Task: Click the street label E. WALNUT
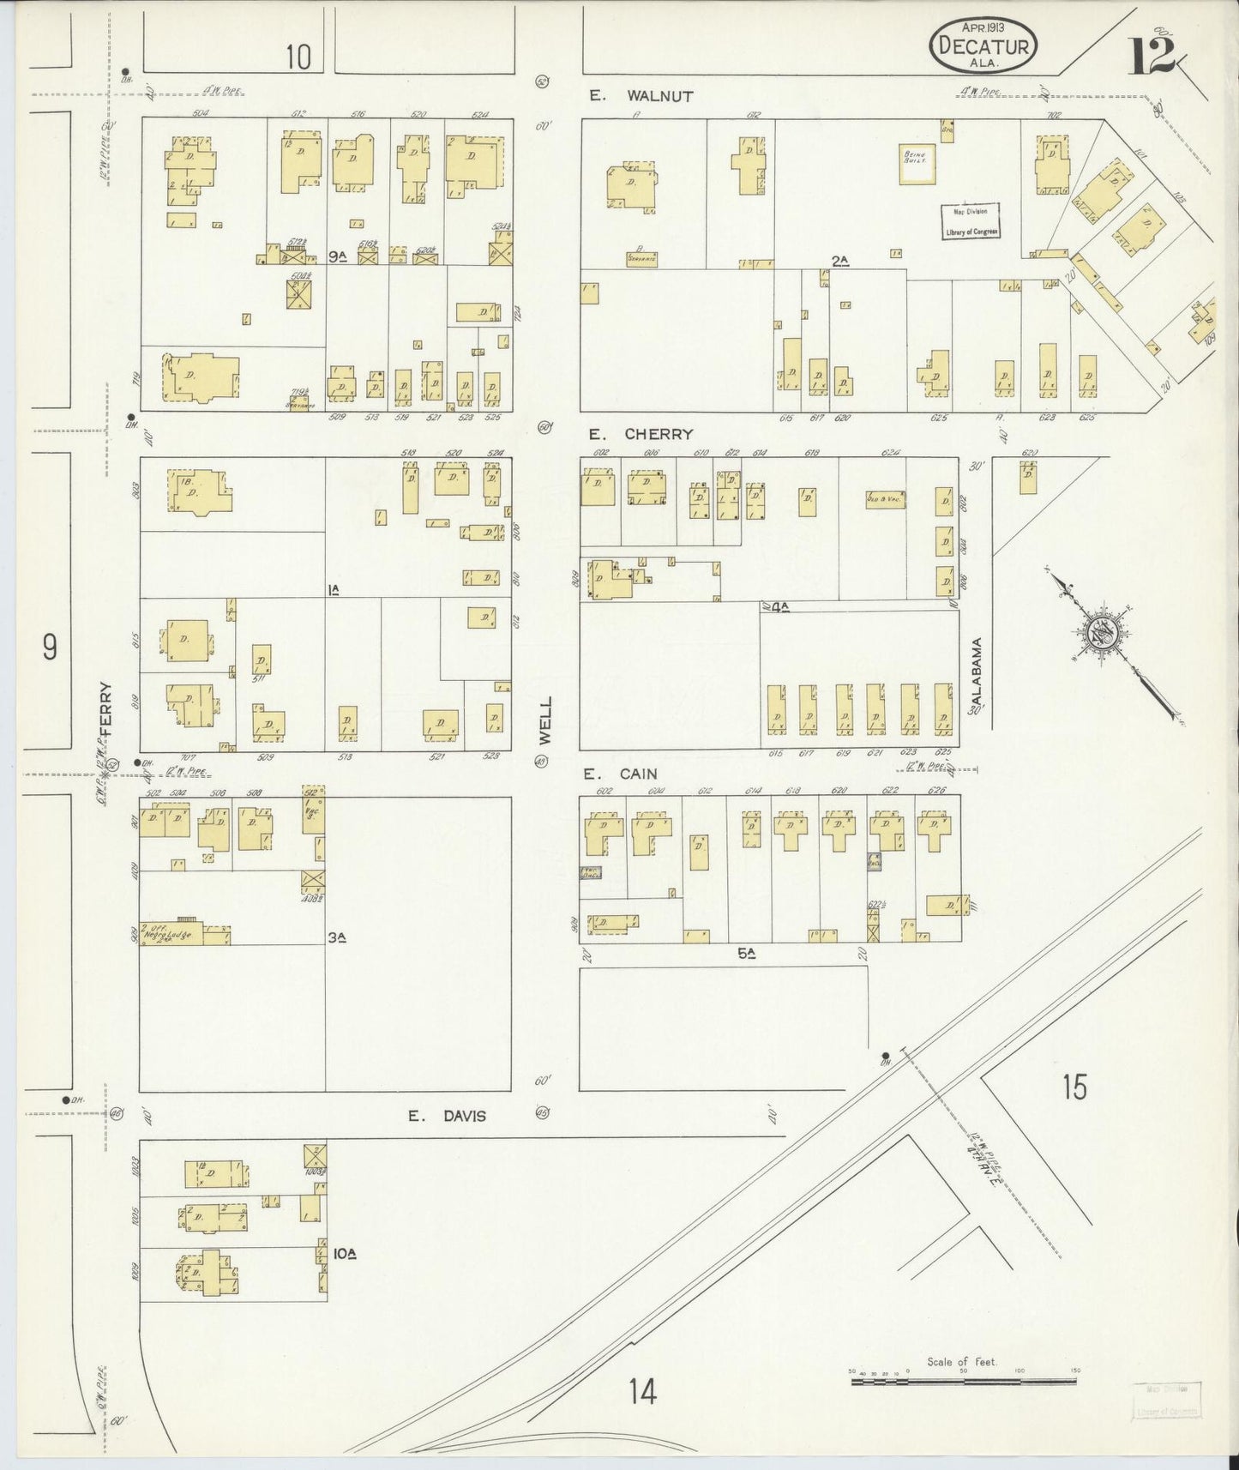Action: [641, 96]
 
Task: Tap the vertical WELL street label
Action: [545, 720]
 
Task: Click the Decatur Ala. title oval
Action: [983, 46]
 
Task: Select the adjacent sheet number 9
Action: [50, 648]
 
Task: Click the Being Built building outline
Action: [916, 164]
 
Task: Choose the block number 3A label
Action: [337, 938]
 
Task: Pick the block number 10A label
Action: [344, 1254]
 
